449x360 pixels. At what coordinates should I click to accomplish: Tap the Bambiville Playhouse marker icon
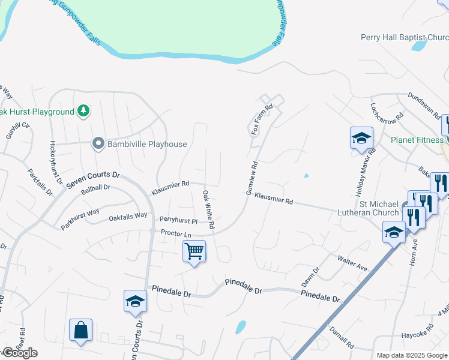[98, 144]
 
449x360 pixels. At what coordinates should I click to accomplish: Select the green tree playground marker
[83, 111]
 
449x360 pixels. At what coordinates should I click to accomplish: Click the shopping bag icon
[80, 330]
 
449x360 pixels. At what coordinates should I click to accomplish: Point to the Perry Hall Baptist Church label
[404, 37]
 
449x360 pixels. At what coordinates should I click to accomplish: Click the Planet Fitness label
[416, 140]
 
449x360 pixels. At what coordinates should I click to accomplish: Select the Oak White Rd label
[208, 210]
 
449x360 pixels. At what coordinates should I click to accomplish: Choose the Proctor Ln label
[175, 232]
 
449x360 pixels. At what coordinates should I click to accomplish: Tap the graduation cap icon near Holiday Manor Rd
[361, 138]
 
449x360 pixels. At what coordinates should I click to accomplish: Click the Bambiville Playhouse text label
[147, 144]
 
